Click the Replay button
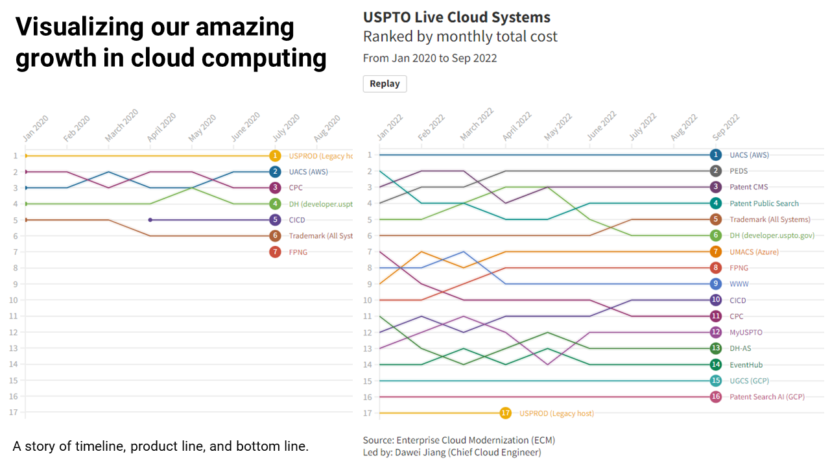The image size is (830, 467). (x=385, y=84)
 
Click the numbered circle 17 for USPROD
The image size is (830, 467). (x=506, y=413)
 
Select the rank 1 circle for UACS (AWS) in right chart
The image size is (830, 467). (x=715, y=155)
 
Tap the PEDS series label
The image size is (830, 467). (x=739, y=171)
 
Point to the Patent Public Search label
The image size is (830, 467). (x=764, y=204)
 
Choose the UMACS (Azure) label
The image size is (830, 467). (x=754, y=252)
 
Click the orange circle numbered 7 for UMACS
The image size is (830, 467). (x=715, y=252)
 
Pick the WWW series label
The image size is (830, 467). (x=739, y=284)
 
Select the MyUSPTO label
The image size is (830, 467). (x=746, y=332)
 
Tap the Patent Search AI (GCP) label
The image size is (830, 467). (x=767, y=397)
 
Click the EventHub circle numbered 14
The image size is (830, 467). (x=715, y=365)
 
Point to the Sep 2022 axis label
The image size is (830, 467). (x=726, y=127)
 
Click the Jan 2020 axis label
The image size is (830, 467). (x=36, y=128)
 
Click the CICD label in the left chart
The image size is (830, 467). (x=297, y=220)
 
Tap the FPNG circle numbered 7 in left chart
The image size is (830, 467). (x=276, y=252)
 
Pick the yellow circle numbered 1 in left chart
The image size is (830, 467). (x=276, y=156)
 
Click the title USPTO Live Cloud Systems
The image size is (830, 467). (x=456, y=18)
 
